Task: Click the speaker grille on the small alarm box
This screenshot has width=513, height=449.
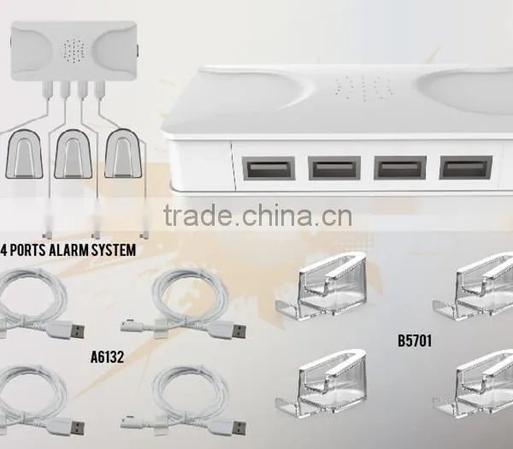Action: point(74,50)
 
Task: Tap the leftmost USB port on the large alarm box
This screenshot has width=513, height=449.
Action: point(268,168)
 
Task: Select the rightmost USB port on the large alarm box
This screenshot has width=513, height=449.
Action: point(465,168)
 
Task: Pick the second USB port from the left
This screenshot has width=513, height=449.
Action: point(334,168)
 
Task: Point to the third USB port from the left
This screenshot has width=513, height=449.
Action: point(400,168)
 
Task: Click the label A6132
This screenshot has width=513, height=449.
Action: point(108,357)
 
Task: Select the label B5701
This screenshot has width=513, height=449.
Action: point(415,340)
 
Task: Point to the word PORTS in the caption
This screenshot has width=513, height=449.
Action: point(27,250)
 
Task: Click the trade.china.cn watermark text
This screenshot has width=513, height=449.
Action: point(257,215)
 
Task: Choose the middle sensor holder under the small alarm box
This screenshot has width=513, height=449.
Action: point(73,154)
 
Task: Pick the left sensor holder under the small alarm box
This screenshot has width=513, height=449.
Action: point(24,154)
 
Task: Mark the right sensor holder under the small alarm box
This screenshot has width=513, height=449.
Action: point(122,154)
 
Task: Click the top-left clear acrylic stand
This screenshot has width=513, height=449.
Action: point(322,288)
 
